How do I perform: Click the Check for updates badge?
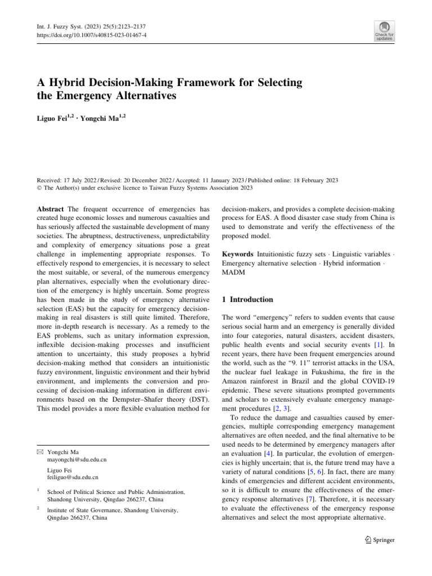pyautogui.click(x=384, y=31)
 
